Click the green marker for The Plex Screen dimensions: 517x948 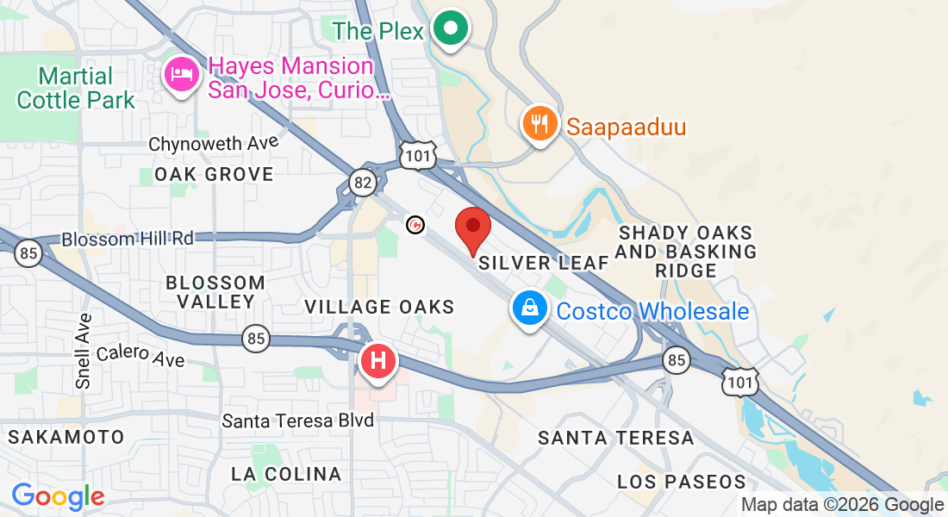(x=450, y=30)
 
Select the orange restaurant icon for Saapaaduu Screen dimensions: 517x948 (x=539, y=123)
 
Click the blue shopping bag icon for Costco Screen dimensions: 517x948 (x=529, y=308)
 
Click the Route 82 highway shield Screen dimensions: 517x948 (x=363, y=181)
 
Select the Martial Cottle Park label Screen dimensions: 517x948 (x=76, y=88)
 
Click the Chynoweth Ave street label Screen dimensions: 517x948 (x=213, y=143)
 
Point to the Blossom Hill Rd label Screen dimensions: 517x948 (x=128, y=239)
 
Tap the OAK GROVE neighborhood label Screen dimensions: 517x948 (x=214, y=174)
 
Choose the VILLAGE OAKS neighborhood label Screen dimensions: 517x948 (x=379, y=307)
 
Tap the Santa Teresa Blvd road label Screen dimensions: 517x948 (x=297, y=420)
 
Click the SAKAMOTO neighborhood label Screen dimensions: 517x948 (x=66, y=437)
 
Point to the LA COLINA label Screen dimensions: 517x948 (x=286, y=474)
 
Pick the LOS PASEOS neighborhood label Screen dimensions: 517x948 (x=681, y=481)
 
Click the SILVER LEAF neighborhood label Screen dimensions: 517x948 (x=543, y=263)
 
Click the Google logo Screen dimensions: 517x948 (x=58, y=496)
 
